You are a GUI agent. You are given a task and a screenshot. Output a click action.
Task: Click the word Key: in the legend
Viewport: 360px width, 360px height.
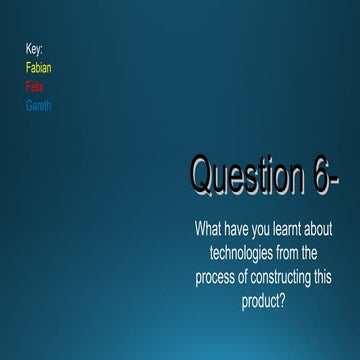(x=34, y=49)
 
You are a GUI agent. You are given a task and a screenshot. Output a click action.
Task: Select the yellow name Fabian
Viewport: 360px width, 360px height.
(x=39, y=68)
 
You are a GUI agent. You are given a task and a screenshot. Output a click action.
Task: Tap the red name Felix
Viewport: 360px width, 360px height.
(x=35, y=87)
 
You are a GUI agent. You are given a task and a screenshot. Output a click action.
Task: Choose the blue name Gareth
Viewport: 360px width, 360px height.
(x=38, y=105)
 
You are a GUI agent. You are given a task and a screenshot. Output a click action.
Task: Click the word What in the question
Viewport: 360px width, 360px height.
(x=207, y=229)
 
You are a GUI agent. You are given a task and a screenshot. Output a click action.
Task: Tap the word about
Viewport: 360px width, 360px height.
(x=319, y=229)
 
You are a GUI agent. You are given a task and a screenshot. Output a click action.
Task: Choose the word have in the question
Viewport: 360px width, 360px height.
(x=235, y=229)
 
